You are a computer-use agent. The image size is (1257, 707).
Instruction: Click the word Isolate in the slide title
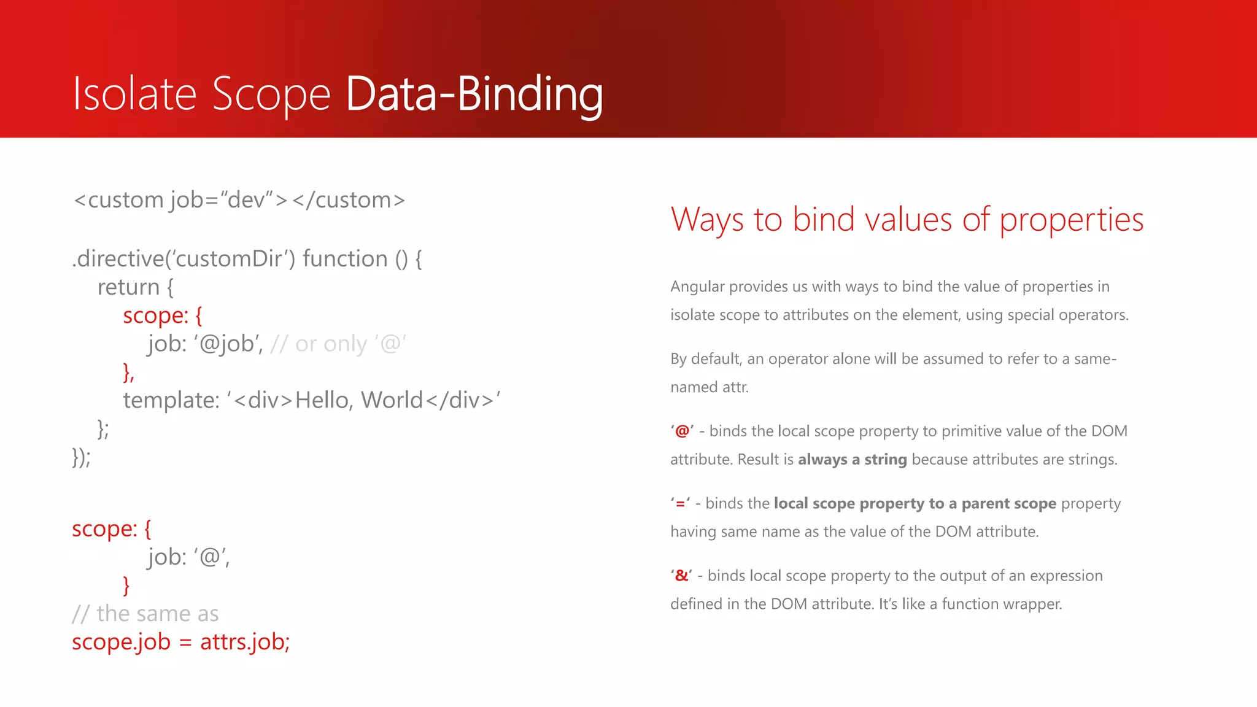pyautogui.click(x=134, y=94)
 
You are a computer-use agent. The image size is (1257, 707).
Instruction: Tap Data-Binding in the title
pyautogui.click(x=474, y=94)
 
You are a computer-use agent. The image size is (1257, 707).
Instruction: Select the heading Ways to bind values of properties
pyautogui.click(x=907, y=220)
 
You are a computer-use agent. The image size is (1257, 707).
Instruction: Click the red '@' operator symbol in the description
pyautogui.click(x=682, y=431)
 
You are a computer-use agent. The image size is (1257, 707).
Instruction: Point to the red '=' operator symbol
pyautogui.click(x=680, y=504)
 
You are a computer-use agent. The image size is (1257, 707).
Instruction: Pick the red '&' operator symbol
pyautogui.click(x=681, y=576)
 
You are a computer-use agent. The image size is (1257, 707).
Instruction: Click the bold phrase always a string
pyautogui.click(x=852, y=460)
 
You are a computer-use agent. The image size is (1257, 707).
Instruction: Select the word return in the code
pyautogui.click(x=128, y=287)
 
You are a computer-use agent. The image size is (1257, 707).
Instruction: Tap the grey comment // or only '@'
pyautogui.click(x=338, y=344)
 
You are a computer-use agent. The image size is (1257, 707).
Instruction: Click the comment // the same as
pyautogui.click(x=145, y=614)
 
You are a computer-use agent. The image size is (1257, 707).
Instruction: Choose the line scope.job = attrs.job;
pyautogui.click(x=181, y=642)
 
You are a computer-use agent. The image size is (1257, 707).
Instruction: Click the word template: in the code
pyautogui.click(x=171, y=400)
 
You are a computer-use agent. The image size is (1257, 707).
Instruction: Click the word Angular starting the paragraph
pyautogui.click(x=698, y=287)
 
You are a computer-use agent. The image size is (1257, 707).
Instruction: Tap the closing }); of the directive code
pyautogui.click(x=82, y=457)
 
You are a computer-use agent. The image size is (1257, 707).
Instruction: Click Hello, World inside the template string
pyautogui.click(x=359, y=400)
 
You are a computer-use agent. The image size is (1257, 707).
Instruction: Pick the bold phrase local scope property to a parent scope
pyautogui.click(x=915, y=504)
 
